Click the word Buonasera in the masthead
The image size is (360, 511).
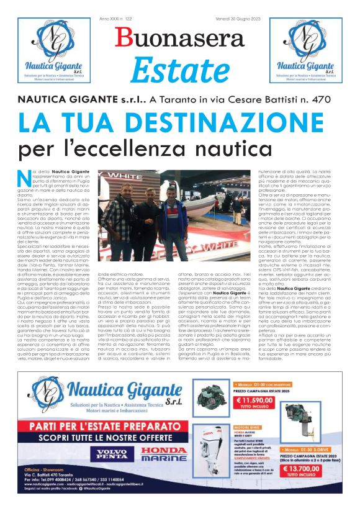click(180, 38)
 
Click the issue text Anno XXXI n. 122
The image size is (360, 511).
click(116, 19)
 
